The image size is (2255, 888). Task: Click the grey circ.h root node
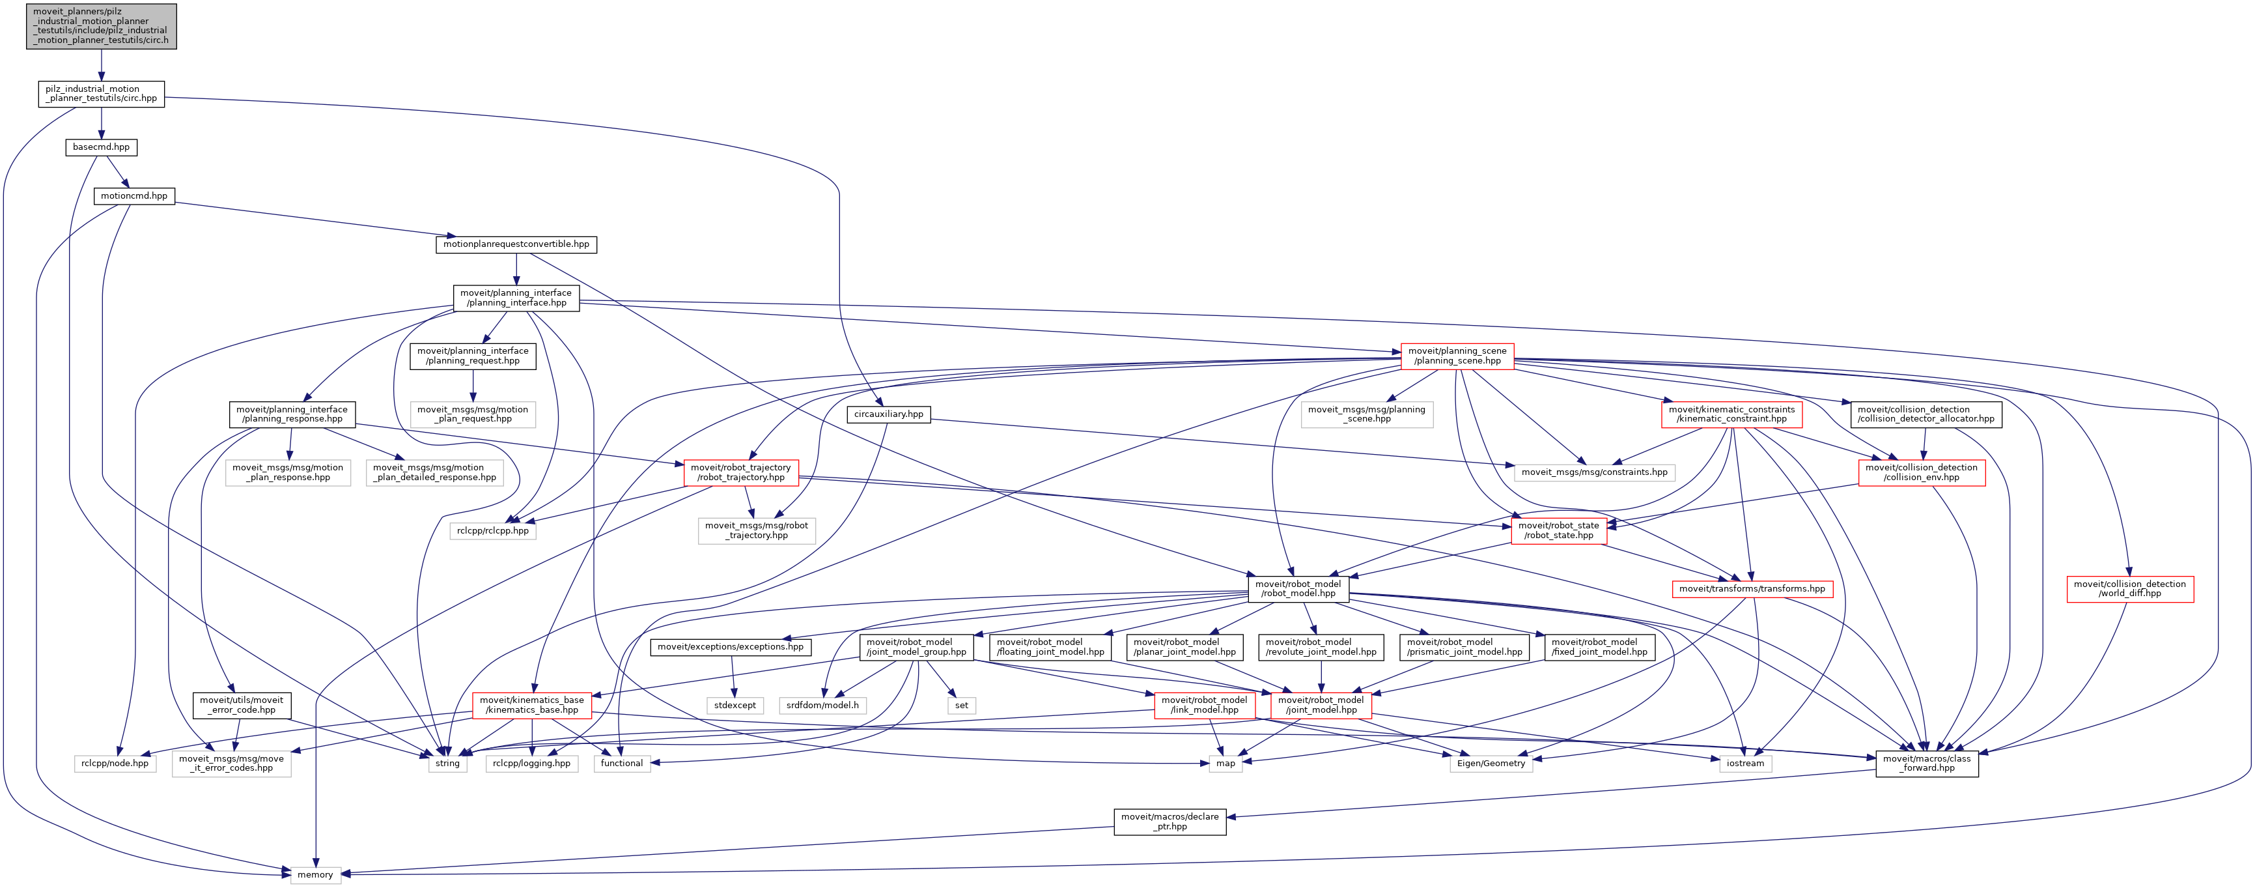101,26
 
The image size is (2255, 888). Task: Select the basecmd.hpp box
101,147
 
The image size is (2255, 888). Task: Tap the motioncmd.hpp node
134,196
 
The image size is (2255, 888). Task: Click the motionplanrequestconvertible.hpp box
516,244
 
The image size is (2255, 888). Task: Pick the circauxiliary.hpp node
888,414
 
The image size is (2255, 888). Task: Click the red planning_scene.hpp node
1457,356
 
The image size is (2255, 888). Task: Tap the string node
447,764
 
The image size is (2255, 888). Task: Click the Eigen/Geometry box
1491,764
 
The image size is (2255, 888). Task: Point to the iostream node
1744,764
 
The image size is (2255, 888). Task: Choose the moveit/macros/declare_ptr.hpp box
1170,822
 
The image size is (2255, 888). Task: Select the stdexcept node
735,706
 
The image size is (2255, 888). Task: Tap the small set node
961,706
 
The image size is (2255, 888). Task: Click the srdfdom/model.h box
822,706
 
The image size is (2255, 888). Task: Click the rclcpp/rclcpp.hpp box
493,531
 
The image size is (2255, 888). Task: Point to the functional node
621,764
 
